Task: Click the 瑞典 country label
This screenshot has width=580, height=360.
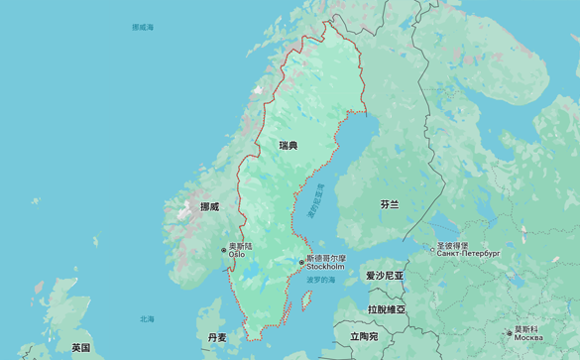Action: [288, 146]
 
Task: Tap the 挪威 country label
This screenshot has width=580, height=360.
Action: [209, 206]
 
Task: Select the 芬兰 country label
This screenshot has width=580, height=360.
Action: [390, 203]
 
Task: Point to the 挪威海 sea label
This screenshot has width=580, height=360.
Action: [143, 28]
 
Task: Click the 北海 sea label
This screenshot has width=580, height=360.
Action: [147, 318]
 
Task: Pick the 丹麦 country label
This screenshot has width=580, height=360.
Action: [216, 337]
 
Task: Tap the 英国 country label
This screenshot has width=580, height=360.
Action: [80, 347]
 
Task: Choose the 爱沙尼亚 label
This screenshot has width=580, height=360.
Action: [385, 275]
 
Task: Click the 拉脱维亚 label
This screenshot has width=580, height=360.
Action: [386, 309]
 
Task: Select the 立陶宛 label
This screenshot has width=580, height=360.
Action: [364, 337]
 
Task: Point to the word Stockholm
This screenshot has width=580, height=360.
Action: [325, 267]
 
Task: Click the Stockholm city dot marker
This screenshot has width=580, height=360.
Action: [301, 263]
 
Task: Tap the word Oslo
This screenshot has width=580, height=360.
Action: [237, 254]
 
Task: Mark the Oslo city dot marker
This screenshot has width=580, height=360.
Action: [224, 250]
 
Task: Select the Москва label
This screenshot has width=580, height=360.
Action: [528, 338]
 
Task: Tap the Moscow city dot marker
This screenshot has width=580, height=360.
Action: [510, 333]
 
